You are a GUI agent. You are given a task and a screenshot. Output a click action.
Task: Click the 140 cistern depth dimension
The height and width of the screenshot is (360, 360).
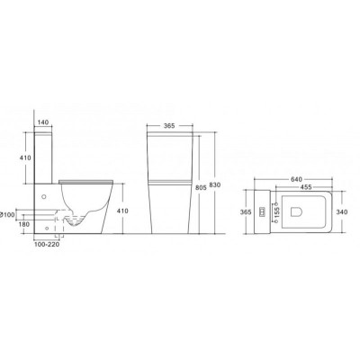(x=43, y=122)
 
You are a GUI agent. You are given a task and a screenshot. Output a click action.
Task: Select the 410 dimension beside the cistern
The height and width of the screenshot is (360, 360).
(x=25, y=157)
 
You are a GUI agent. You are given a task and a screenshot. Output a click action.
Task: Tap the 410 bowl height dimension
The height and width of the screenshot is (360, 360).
(x=122, y=211)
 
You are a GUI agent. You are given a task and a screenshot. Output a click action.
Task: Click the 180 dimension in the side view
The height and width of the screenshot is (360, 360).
(x=24, y=224)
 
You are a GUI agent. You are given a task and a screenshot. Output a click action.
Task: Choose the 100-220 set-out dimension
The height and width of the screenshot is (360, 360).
(x=47, y=245)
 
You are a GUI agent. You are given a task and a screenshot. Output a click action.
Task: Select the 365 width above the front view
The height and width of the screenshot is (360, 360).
(x=169, y=126)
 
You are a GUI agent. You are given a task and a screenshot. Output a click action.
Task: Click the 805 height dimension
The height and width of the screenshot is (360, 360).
(x=202, y=188)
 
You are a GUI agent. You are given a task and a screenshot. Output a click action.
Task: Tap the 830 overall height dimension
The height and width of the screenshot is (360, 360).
(x=215, y=185)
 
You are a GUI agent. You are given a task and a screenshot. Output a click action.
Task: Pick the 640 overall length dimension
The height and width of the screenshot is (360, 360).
(x=296, y=179)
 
